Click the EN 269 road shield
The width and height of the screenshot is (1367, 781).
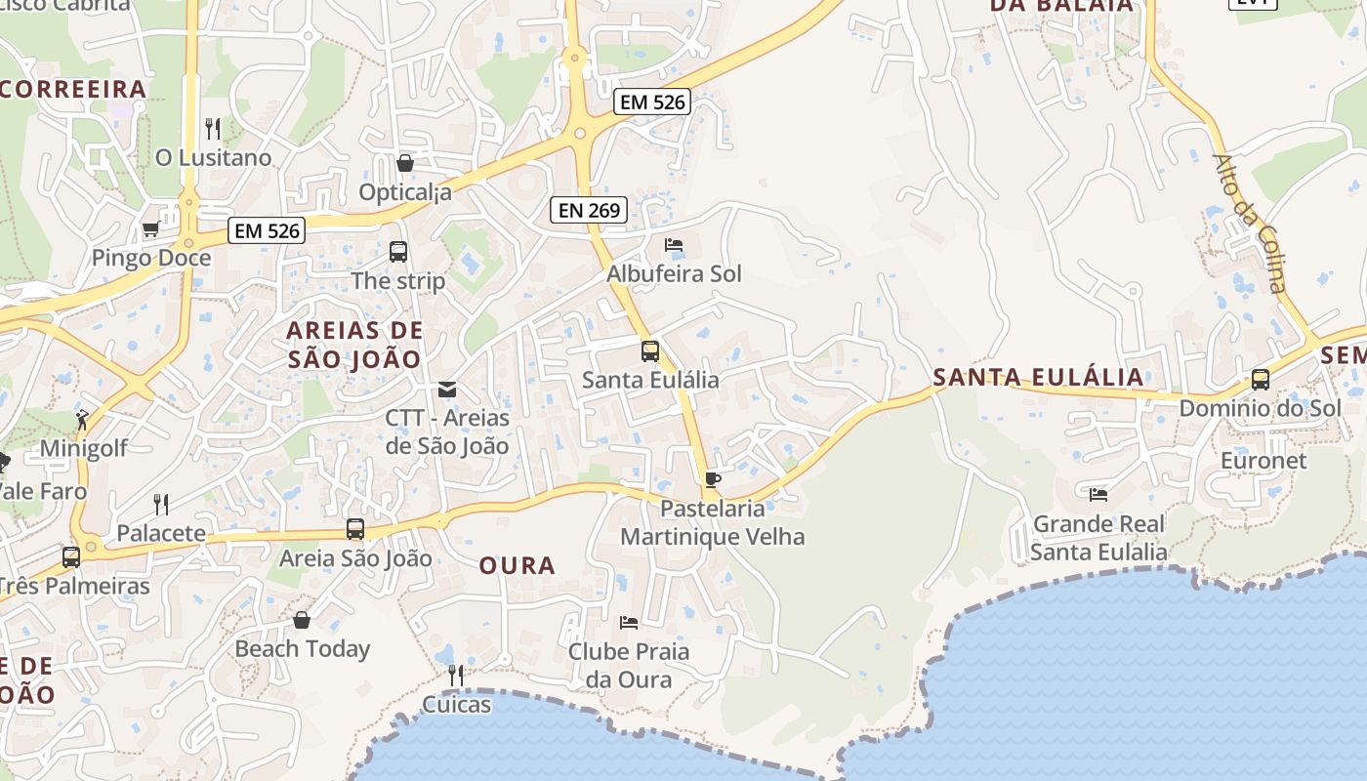[x=588, y=210]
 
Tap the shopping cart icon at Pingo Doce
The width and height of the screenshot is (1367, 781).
[x=150, y=229]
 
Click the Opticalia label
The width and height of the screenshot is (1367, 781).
[x=405, y=192]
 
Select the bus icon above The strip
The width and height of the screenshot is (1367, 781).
[x=398, y=252]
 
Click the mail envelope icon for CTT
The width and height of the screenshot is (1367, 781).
[x=447, y=390]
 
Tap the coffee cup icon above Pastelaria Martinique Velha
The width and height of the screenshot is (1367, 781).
[x=712, y=479]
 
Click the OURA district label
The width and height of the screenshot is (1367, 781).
[x=518, y=565]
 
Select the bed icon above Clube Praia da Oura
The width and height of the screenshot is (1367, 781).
[x=629, y=622]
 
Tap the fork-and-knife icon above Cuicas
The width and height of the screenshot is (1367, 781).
[x=455, y=674]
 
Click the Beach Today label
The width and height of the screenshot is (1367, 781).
[x=303, y=648]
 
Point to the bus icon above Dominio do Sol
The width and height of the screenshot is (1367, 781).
[x=1261, y=380]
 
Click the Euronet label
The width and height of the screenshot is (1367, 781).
[x=1263, y=461]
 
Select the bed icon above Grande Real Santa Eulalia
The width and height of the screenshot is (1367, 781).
[x=1098, y=495]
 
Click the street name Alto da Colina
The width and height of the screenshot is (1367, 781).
[x=1250, y=223]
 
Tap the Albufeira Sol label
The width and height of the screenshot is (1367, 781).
[x=674, y=274]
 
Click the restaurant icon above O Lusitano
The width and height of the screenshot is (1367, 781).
[x=213, y=128]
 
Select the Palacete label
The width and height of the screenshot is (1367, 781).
[x=161, y=533]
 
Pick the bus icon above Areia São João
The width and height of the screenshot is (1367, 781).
[x=355, y=529]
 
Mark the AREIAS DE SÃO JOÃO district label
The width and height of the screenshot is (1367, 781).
[x=354, y=345]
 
